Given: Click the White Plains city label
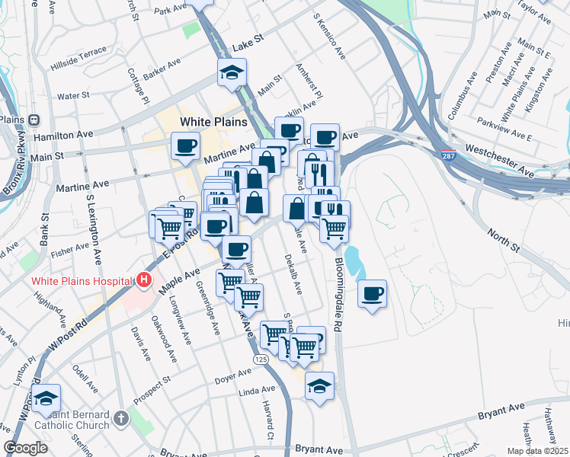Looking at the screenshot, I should click(x=213, y=122).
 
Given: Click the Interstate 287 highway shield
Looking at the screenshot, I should click(x=450, y=155).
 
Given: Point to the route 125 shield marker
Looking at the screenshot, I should click(x=261, y=359).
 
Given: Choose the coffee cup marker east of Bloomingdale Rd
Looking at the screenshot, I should click(x=372, y=294).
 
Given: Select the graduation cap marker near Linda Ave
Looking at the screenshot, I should click(x=319, y=385).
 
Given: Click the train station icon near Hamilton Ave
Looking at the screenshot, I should click(x=34, y=120).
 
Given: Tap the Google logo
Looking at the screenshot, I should click(x=25, y=448).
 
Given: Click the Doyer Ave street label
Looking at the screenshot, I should click(x=232, y=376).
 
